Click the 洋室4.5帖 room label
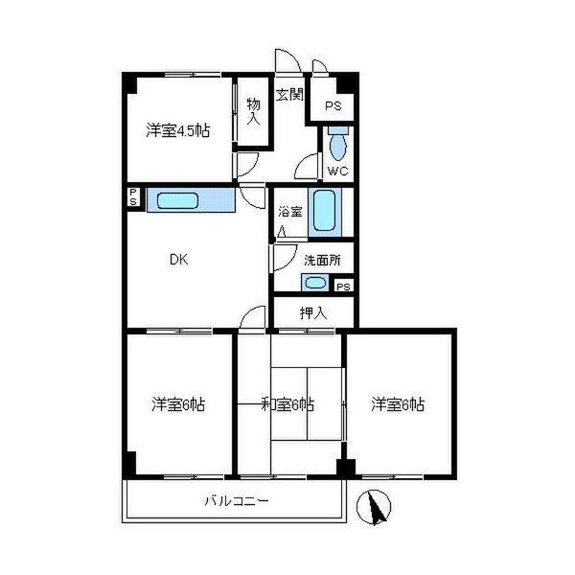click(x=178, y=130)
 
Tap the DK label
click(x=179, y=260)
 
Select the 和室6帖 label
click(x=287, y=404)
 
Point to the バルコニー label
click(x=237, y=500)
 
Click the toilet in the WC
click(x=337, y=143)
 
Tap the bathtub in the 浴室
click(x=325, y=211)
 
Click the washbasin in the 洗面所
click(x=315, y=283)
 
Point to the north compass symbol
click(x=374, y=507)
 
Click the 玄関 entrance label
click(x=289, y=95)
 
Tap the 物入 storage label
click(x=253, y=111)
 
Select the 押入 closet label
click(x=312, y=312)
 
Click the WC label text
click(x=337, y=171)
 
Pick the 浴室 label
click(x=289, y=212)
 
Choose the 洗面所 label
click(x=322, y=261)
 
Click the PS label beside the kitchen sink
click(x=133, y=196)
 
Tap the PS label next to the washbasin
click(x=343, y=287)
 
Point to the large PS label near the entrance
click(x=333, y=106)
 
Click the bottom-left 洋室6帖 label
click(x=178, y=404)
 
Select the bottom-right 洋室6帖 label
click(x=398, y=404)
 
